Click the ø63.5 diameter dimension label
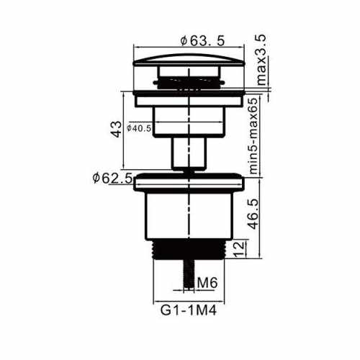pos(203,40)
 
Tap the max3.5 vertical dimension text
pos(261,60)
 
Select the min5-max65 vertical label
pos(253,136)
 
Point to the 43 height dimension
pos(117,130)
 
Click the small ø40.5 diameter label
pos(139,128)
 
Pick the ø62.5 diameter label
pos(112,178)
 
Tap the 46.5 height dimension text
pos(253,214)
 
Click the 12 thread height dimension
pos(240,248)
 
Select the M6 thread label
pos(207,282)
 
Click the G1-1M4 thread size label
pos(189,310)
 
